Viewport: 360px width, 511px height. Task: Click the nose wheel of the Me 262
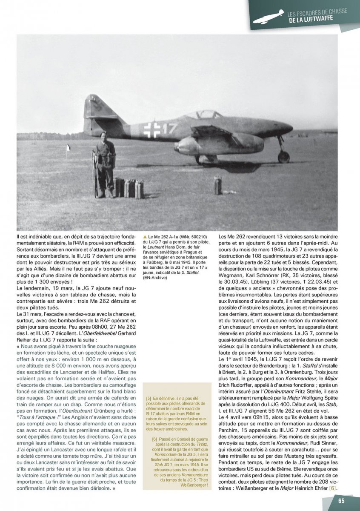(x=283, y=157)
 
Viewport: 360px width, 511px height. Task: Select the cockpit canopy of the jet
(x=208, y=115)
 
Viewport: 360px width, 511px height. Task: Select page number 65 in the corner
(x=341, y=500)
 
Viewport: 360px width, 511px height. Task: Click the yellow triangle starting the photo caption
(x=146, y=236)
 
